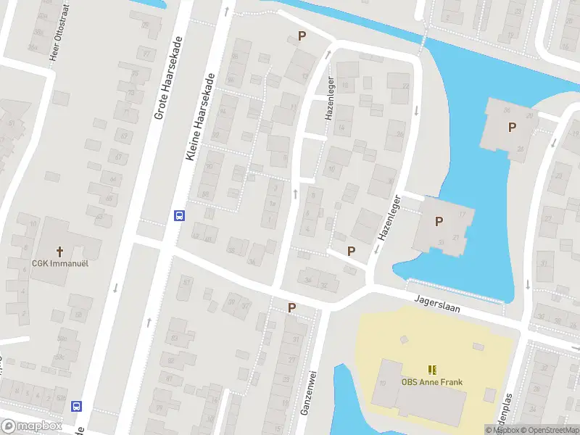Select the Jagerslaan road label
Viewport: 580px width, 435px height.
coord(438,303)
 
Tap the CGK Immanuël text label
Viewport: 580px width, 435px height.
coord(59,263)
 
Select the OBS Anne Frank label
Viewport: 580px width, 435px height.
coord(432,382)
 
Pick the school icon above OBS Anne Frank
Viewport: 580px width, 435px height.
coord(432,370)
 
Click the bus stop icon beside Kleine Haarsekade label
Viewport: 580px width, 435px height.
coord(178,215)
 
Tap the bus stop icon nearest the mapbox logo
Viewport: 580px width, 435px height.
coord(76,406)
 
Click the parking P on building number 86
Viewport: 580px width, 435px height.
coord(512,128)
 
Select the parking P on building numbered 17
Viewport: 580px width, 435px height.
coord(438,222)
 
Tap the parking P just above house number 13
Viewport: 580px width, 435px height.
coord(302,36)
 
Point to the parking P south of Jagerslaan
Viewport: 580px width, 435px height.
coord(291,307)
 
